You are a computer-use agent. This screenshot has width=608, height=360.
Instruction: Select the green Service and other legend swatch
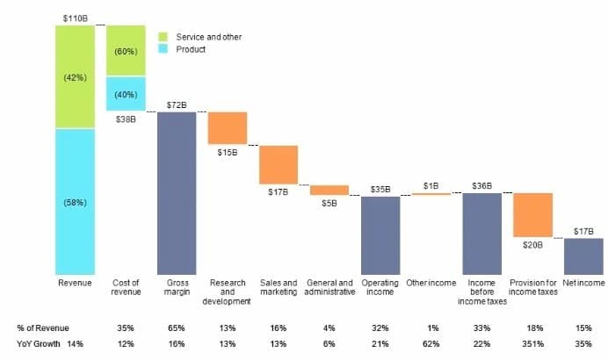click(x=163, y=37)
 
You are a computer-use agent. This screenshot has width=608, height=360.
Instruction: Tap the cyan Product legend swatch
click(x=163, y=49)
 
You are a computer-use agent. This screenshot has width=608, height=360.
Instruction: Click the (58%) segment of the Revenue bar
click(x=75, y=202)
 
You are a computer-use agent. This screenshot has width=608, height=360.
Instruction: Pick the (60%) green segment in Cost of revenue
click(x=126, y=50)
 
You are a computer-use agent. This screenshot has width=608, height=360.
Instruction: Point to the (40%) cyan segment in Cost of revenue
click(x=126, y=94)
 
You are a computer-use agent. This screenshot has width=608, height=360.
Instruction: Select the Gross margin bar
click(x=177, y=193)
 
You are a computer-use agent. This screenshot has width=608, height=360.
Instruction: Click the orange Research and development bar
click(x=228, y=128)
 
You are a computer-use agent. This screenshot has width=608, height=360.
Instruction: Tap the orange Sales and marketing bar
click(x=279, y=164)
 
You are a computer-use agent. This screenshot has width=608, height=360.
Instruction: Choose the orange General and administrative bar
click(x=329, y=190)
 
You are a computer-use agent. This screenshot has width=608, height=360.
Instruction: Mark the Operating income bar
click(x=380, y=234)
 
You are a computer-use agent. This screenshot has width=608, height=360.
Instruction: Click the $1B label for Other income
click(x=431, y=185)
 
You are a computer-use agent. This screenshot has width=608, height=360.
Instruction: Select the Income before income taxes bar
click(x=482, y=234)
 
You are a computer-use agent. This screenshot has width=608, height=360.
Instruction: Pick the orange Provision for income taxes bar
click(x=532, y=215)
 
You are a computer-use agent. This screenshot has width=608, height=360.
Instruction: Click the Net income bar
click(x=583, y=256)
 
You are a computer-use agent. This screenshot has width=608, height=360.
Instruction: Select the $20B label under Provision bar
click(x=532, y=245)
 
